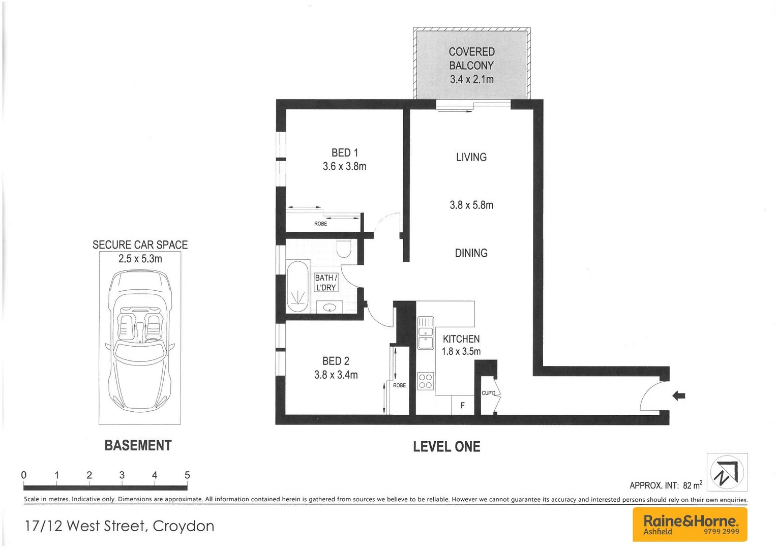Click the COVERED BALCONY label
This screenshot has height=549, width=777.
[x=471, y=58]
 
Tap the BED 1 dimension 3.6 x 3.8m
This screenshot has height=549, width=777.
[x=344, y=167]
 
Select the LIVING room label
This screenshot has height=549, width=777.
[x=471, y=158]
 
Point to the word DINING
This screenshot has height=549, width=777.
[x=471, y=253]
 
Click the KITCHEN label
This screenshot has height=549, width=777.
[x=461, y=339]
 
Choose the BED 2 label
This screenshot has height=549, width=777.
[x=336, y=361]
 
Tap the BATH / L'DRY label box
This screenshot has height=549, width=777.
[x=325, y=283]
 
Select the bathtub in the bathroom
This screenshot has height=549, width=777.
[x=297, y=287]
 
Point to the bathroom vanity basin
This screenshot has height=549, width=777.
[x=330, y=307]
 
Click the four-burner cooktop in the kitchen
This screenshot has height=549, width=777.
[x=425, y=381]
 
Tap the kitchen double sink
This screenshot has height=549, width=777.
[x=425, y=333]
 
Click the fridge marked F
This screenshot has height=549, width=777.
[x=462, y=405]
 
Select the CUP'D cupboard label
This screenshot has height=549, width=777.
[x=488, y=393]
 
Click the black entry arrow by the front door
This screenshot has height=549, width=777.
[x=679, y=395]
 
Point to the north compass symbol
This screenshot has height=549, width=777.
[x=727, y=472]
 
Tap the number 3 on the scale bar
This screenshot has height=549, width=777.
[x=122, y=475]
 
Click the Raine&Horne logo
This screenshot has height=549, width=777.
[x=690, y=524]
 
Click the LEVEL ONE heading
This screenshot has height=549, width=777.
[x=446, y=447]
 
